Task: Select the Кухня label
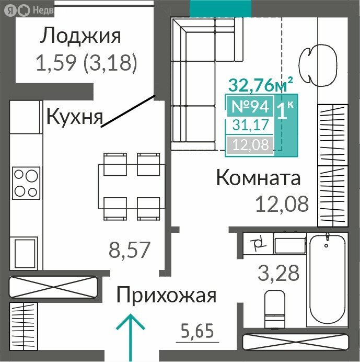pyautogui.click(x=74, y=116)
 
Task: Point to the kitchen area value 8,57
pyautogui.click(x=129, y=250)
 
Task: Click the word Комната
pyautogui.click(x=258, y=178)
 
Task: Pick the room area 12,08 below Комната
pyautogui.click(x=282, y=203)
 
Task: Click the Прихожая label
pyautogui.click(x=166, y=296)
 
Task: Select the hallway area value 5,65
pyautogui.click(x=198, y=331)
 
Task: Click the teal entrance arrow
pyautogui.click(x=130, y=330)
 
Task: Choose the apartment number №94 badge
pyautogui.click(x=250, y=107)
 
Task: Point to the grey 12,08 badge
pyautogui.click(x=250, y=145)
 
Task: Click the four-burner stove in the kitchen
pyautogui.click(x=26, y=182)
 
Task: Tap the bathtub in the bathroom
pyautogui.click(x=327, y=279)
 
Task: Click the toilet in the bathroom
pyautogui.click(x=274, y=309)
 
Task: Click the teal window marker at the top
pyautogui.click(x=220, y=7)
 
